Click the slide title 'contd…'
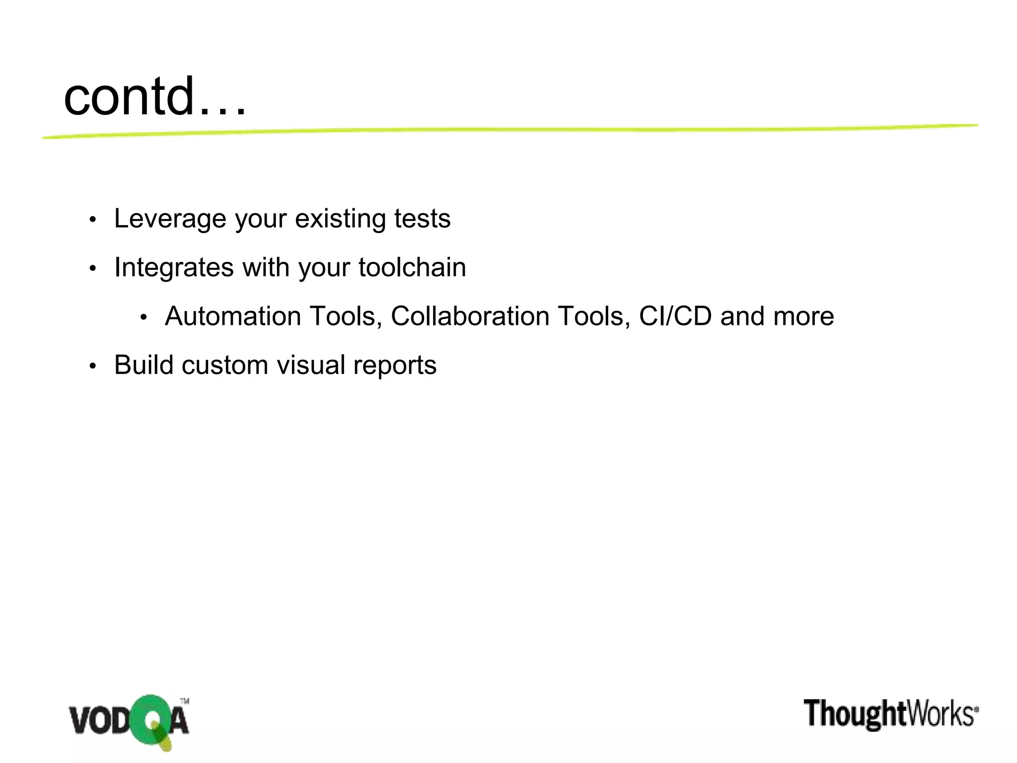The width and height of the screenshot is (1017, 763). (154, 96)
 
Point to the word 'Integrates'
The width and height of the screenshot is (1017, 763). (174, 267)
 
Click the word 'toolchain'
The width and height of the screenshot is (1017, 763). (412, 267)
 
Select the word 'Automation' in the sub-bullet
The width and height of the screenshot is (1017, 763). (233, 316)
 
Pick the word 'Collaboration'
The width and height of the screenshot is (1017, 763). (470, 316)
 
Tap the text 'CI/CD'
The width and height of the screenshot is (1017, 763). (675, 316)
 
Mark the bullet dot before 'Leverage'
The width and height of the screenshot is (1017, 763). (92, 220)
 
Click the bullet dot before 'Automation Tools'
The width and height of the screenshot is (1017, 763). (144, 317)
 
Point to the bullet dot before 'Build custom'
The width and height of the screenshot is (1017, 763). (92, 367)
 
